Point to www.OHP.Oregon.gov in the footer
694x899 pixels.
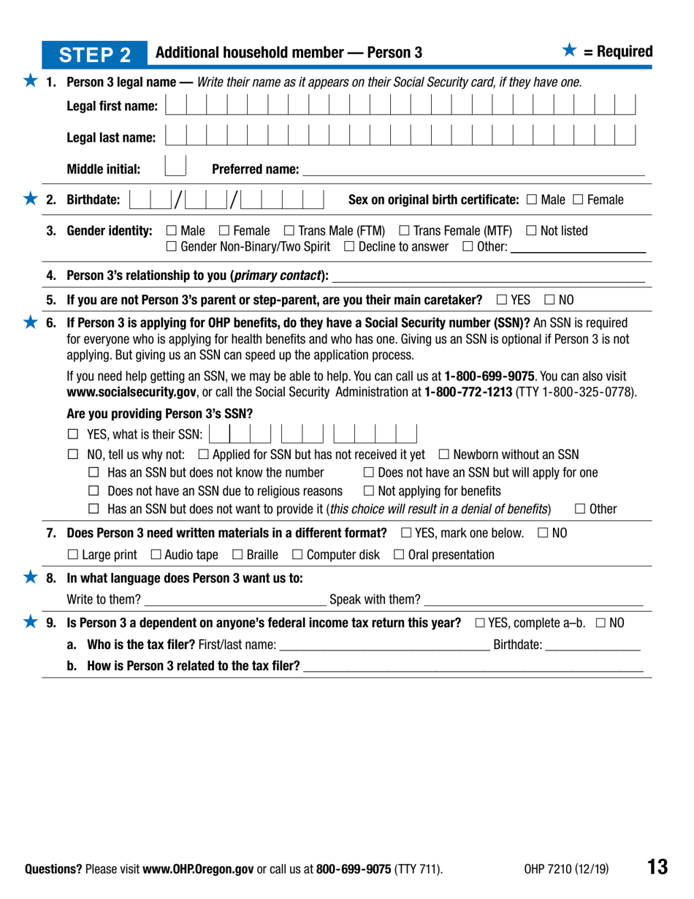pyautogui.click(x=197, y=870)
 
